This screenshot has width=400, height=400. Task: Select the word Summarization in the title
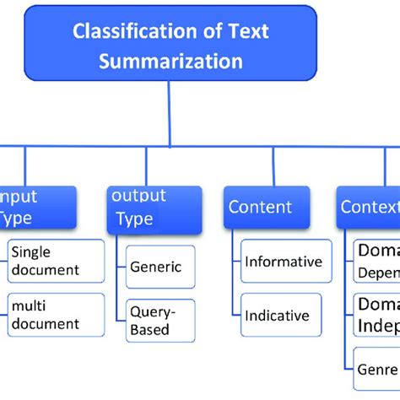tap(170, 61)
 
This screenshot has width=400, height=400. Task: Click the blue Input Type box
tap(37, 208)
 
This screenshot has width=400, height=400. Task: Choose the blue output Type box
tap(154, 208)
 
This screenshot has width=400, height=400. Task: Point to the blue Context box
tap(369, 208)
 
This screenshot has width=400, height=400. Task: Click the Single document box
tap(56, 261)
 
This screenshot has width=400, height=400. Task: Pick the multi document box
tap(56, 315)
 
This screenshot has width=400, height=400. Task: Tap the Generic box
tap(160, 267)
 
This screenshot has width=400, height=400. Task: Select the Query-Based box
tap(160, 321)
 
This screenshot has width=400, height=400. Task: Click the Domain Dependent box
tap(376, 261)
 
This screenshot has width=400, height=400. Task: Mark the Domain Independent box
tap(376, 315)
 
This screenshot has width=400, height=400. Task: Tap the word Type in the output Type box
tap(134, 219)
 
